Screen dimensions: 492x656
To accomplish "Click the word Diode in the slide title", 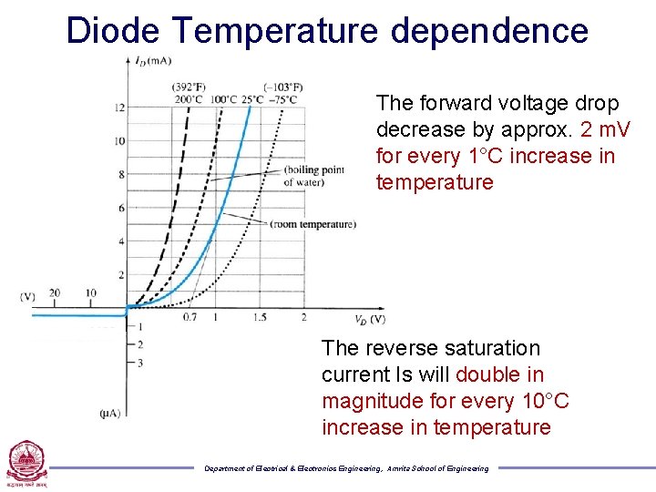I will tap(113, 31).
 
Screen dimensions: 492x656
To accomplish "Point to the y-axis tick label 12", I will tap(118, 108).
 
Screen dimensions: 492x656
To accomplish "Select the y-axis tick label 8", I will tap(121, 175).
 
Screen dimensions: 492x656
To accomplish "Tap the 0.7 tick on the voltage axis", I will tap(189, 317).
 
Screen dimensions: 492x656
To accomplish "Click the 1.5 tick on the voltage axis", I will tap(260, 317).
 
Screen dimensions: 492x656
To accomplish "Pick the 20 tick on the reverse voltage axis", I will tap(55, 293).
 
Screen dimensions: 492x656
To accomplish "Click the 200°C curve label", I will tap(188, 98).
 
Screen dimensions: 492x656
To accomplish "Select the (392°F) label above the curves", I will tap(189, 87).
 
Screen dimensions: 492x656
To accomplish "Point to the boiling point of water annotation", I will tap(313, 176).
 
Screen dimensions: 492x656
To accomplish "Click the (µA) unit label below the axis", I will tap(109, 414).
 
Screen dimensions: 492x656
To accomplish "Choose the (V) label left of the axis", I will tap(28, 296).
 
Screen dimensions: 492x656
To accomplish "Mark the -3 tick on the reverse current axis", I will tap(139, 363).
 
